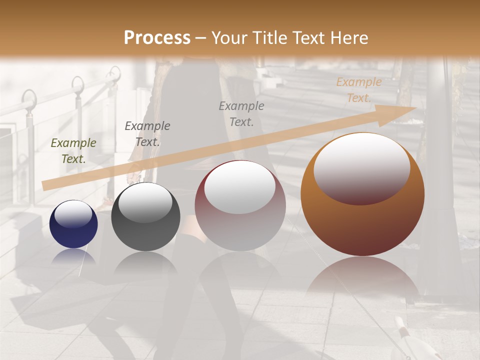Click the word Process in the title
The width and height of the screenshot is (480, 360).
tap(157, 38)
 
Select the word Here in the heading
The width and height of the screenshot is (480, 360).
tap(349, 38)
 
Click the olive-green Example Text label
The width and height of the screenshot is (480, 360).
tap(73, 151)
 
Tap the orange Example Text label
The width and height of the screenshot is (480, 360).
tap(359, 90)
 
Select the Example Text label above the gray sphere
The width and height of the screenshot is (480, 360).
tap(147, 133)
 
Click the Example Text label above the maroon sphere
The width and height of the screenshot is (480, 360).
tap(241, 113)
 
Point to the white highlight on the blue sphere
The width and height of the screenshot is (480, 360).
tap(73, 214)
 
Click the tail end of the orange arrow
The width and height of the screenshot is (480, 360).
tap(46, 185)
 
